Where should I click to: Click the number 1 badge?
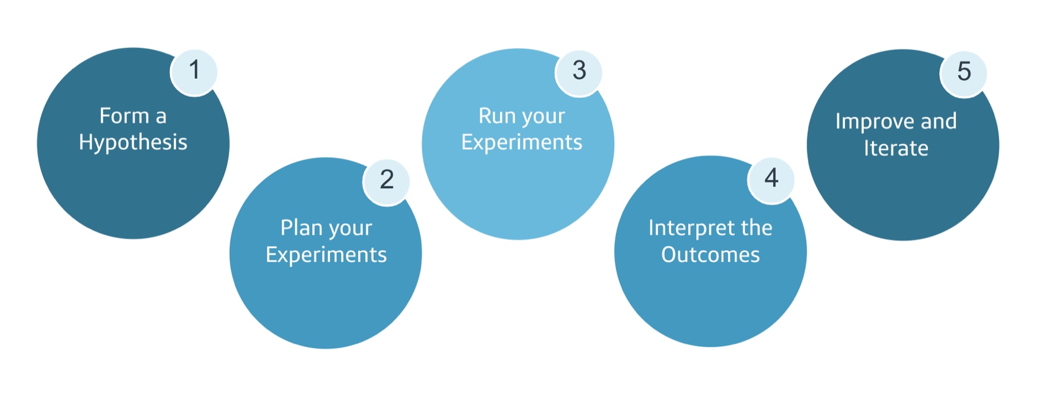[x=194, y=71]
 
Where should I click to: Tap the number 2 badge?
[x=386, y=180]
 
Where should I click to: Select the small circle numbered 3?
[x=579, y=71]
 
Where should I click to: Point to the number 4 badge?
[x=771, y=179]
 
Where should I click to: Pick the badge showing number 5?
[x=963, y=72]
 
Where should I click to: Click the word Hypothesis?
[x=133, y=142]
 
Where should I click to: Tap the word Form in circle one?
[x=124, y=116]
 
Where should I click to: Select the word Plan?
[x=301, y=228]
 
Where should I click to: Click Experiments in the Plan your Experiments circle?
[x=326, y=255]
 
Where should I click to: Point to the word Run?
[x=497, y=116]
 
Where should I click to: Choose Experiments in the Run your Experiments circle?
[x=521, y=142]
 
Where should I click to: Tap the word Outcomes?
[x=710, y=255]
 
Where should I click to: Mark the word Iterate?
[x=896, y=149]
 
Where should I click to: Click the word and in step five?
[x=939, y=122]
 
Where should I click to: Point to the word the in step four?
[x=757, y=228]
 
